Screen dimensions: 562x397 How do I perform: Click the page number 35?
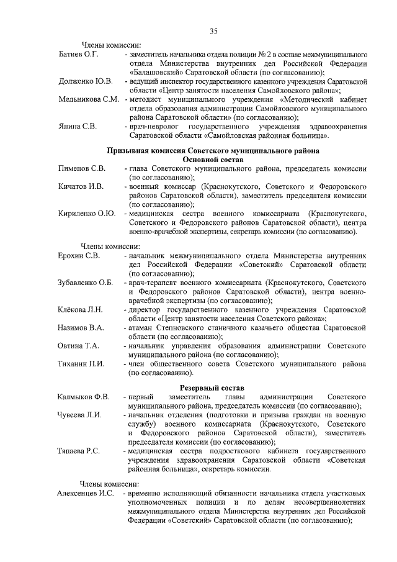click(x=213, y=32)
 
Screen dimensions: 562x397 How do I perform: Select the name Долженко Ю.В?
click(x=85, y=81)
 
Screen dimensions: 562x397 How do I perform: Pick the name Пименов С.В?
click(x=82, y=169)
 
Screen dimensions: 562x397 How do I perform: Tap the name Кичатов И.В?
click(x=81, y=186)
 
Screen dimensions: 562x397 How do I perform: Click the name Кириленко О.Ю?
click(x=87, y=214)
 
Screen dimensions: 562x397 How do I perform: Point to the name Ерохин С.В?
click(x=79, y=255)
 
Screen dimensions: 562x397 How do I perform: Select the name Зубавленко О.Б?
click(x=86, y=283)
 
